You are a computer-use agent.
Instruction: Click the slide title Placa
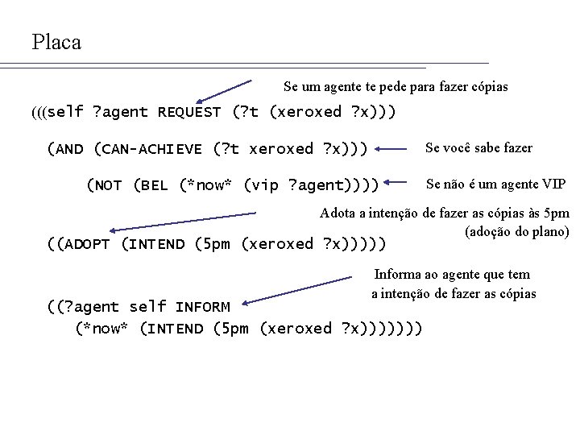click(x=56, y=42)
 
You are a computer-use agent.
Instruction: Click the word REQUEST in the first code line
click(x=189, y=112)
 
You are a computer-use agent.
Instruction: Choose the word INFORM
click(x=202, y=307)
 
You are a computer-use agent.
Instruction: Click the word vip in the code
click(x=259, y=186)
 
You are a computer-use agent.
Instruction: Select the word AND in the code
click(x=70, y=149)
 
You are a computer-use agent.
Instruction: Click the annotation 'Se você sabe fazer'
click(x=478, y=148)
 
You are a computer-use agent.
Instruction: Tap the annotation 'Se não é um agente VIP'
click(x=495, y=184)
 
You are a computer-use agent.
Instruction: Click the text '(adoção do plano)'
click(x=516, y=232)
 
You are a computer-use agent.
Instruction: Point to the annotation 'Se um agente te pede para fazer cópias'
click(x=396, y=86)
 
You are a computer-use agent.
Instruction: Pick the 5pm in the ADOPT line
click(x=213, y=244)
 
